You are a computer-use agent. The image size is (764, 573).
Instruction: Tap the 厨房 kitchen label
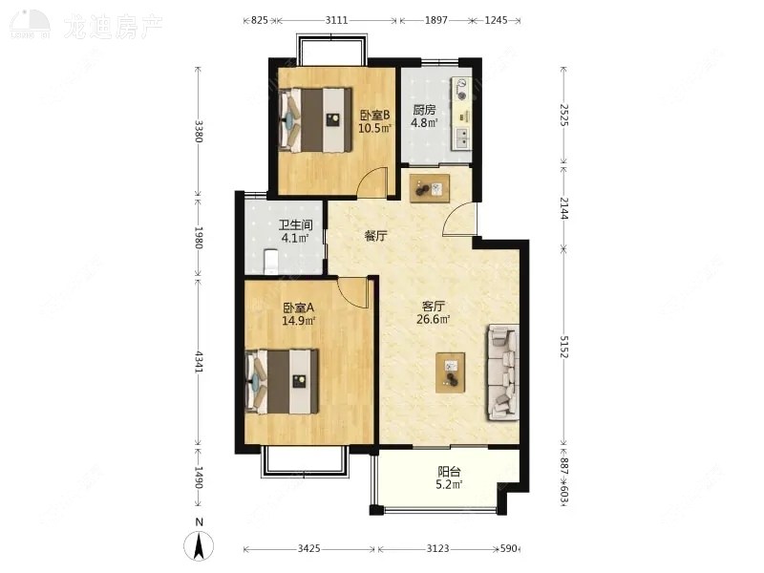[x=425, y=109]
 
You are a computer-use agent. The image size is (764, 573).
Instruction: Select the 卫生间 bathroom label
[x=293, y=226]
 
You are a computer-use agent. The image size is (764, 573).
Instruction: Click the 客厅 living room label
[x=435, y=307]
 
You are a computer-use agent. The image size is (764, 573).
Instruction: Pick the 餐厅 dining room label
[x=375, y=236]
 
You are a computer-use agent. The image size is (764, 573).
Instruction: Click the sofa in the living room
[x=502, y=372]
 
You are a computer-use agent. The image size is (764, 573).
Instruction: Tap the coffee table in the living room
[x=451, y=371]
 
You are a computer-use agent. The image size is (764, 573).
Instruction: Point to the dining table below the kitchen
[x=430, y=186]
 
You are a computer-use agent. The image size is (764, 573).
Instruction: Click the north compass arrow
[x=199, y=545]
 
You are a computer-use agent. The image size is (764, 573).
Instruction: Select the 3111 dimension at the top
[x=336, y=19]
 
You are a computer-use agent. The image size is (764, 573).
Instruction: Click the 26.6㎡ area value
[x=435, y=321]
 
